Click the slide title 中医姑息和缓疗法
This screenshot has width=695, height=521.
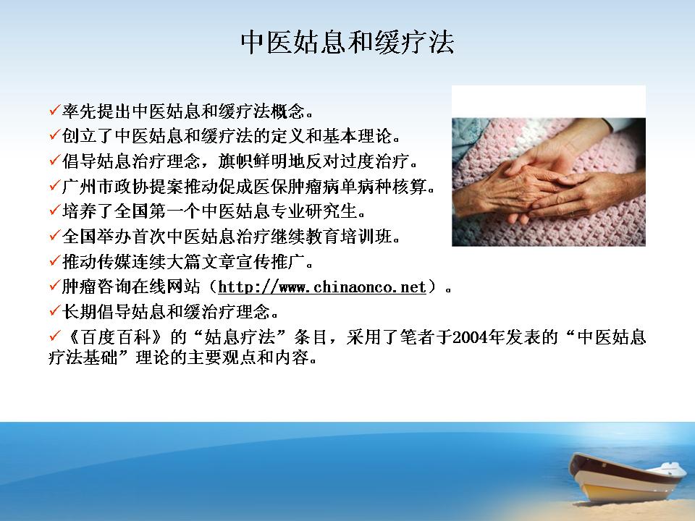coord(347,43)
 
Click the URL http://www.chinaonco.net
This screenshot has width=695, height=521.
coord(322,287)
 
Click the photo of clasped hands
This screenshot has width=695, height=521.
coord(549,182)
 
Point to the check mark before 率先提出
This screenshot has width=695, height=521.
coord(54,109)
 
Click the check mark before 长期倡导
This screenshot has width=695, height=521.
coord(54,310)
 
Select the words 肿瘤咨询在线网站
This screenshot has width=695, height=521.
coord(131,287)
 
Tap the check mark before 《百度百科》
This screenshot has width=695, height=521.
coord(54,336)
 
